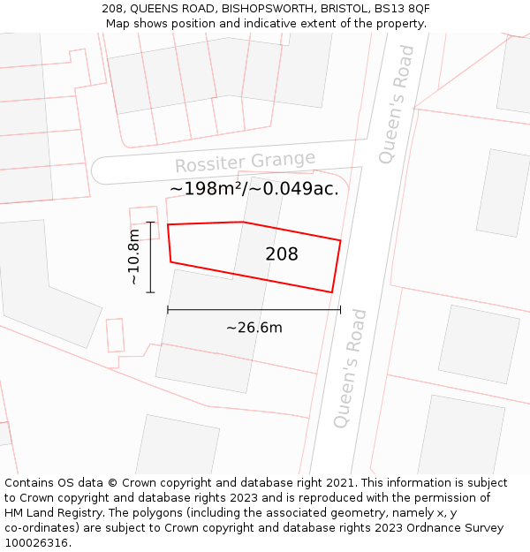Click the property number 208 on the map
282,254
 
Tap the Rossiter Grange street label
245,163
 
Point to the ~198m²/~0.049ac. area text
254,188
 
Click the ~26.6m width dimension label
254,328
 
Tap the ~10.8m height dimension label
133,256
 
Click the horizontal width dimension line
254,310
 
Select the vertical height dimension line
151,257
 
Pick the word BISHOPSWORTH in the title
262,8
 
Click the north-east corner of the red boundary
340,239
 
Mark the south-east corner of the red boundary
331,291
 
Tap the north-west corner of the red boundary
168,224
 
